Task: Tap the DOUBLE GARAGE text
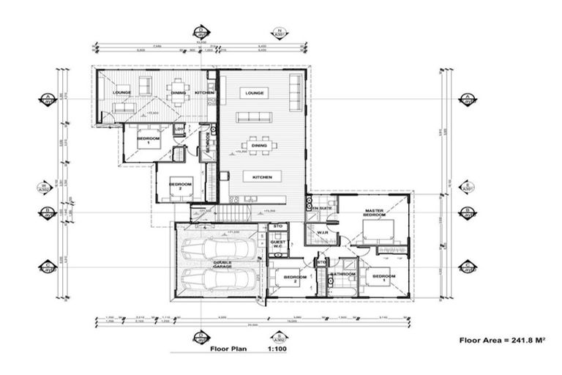tap(222, 265)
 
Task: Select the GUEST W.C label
tap(278, 245)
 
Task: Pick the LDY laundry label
tap(178, 130)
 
